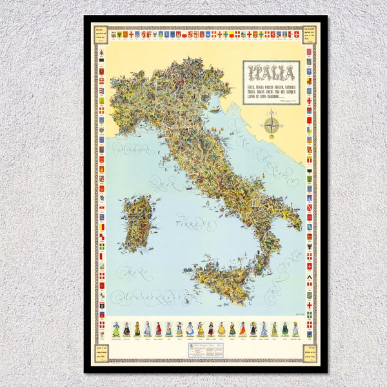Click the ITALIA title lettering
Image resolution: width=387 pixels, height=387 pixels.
coord(271,72)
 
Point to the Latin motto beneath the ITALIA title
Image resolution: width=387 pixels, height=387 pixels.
coord(271,91)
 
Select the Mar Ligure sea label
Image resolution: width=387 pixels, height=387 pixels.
coord(134,150)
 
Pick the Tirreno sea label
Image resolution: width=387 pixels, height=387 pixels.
coord(193,224)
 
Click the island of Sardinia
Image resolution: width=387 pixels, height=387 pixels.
coord(137,223)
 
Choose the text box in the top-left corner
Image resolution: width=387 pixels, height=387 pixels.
coord(100,34)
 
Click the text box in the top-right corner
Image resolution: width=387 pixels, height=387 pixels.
coord(310,34)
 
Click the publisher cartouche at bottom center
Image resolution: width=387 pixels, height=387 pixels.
coord(204,350)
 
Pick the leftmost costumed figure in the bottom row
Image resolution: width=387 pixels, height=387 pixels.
coord(116,329)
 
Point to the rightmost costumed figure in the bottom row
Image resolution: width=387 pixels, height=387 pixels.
coord(295,329)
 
